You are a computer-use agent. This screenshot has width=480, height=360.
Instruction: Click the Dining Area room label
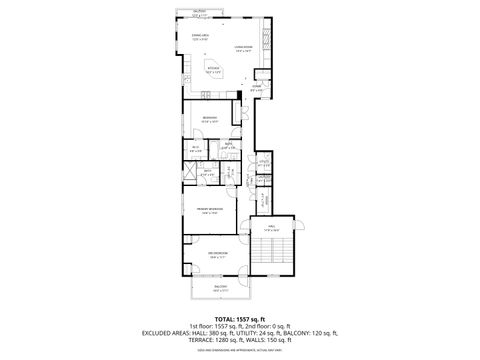coord(200,37)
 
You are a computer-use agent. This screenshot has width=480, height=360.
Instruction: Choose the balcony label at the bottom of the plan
coord(219,289)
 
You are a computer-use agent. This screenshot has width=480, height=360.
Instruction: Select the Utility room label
coord(265,163)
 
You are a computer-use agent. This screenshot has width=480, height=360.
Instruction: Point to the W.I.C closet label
coord(196,150)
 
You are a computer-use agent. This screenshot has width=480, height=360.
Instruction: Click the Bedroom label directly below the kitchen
coord(210,120)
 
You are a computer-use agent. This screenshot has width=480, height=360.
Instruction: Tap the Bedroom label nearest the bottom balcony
coord(218,255)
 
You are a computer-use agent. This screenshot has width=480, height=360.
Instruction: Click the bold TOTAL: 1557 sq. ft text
coord(240,318)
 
